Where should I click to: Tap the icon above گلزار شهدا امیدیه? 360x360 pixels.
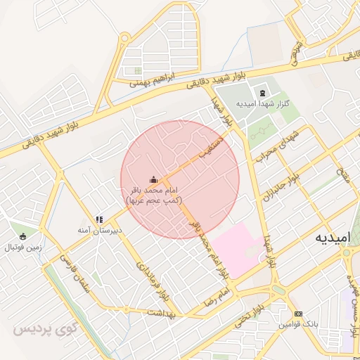click(x=262, y=93)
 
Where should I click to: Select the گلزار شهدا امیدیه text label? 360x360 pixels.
click(x=262, y=104)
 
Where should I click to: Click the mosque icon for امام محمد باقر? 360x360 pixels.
click(x=154, y=180)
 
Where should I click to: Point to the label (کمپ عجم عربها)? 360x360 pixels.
click(x=154, y=200)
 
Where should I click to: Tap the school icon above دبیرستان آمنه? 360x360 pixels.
click(x=99, y=219)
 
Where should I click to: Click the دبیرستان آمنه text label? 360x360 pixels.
click(x=100, y=230)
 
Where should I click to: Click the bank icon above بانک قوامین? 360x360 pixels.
click(x=298, y=314)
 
